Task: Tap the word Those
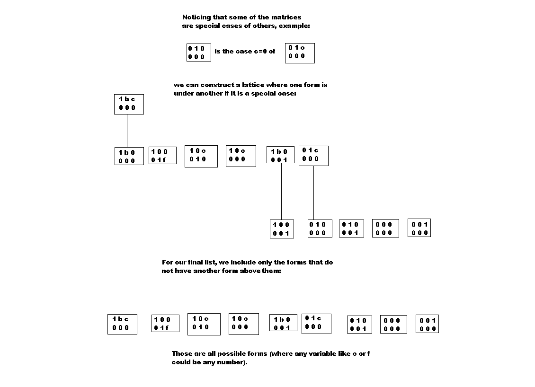point(182,353)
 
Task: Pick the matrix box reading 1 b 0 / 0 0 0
point(129,156)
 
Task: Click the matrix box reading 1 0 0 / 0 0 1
point(282,229)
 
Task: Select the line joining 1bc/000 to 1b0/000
point(127,131)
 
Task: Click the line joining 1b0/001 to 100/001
point(282,192)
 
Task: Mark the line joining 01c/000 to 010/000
point(313,193)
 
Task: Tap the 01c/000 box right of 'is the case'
point(300,53)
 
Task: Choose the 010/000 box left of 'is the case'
point(198,53)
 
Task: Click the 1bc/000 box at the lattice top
point(129,105)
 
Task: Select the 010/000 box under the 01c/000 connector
point(320,229)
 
